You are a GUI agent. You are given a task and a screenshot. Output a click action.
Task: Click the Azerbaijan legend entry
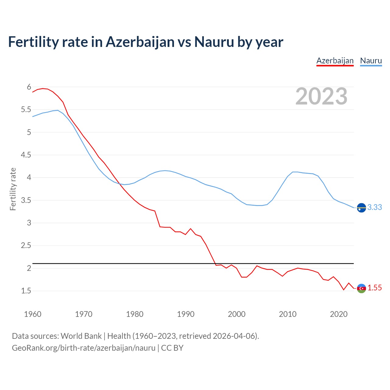click(x=335, y=61)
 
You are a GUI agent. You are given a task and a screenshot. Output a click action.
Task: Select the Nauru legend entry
click(x=371, y=61)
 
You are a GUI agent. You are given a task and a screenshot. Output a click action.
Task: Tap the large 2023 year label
click(x=321, y=96)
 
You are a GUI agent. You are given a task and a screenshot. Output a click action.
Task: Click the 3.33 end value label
click(x=374, y=207)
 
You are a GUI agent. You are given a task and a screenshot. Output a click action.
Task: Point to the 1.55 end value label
click(x=374, y=288)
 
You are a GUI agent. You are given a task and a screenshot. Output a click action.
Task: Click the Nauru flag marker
click(x=361, y=207)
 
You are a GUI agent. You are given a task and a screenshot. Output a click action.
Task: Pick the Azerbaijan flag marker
click(x=361, y=288)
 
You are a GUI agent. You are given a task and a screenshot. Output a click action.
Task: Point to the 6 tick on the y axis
click(x=29, y=87)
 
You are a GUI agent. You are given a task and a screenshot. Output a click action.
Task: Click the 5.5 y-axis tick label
click(x=26, y=110)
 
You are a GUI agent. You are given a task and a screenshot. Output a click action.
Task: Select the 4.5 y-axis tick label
click(x=26, y=155)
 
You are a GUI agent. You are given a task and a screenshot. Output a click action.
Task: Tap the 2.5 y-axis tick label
click(x=26, y=246)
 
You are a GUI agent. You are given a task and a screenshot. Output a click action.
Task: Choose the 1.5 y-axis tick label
click(x=26, y=291)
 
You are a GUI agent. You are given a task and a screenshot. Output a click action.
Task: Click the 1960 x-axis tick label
click(x=33, y=314)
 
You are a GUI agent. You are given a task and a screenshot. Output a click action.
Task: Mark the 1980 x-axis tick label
click(x=135, y=314)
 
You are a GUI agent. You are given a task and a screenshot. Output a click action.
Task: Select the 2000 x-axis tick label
click(x=237, y=314)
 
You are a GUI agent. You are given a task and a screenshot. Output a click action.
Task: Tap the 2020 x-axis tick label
click(x=339, y=314)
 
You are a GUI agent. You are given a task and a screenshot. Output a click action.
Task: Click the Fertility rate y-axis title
click(x=13, y=189)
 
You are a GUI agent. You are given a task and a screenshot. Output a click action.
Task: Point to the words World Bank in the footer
click(x=81, y=336)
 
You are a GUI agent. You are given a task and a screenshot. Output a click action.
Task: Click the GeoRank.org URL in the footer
click(x=83, y=348)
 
